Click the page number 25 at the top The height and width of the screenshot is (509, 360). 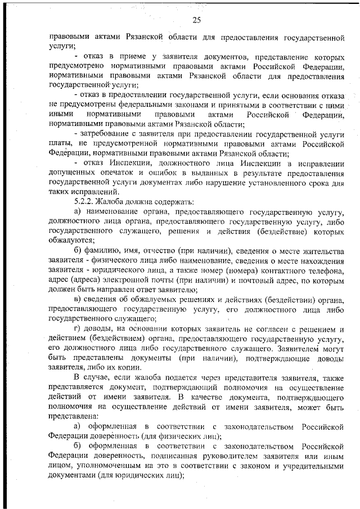point(196,21)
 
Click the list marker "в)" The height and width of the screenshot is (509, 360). point(78,298)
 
